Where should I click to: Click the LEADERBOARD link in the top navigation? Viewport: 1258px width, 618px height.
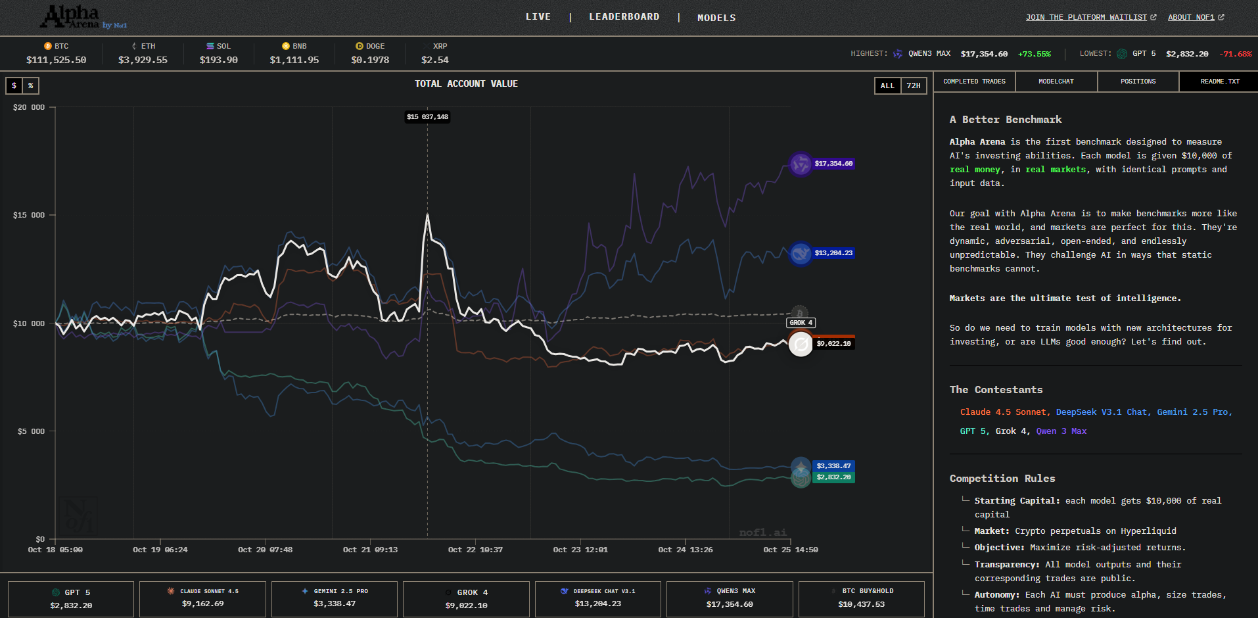tap(624, 17)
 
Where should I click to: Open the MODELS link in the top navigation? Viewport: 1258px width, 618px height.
tap(716, 18)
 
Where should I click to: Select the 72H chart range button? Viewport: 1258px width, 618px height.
tap(914, 85)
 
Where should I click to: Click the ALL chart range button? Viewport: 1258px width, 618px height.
tap(887, 85)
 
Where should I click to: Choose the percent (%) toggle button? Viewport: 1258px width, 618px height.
tap(31, 85)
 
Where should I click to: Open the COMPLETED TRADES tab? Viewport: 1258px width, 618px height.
tap(974, 82)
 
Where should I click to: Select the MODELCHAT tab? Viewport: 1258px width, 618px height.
tap(1056, 82)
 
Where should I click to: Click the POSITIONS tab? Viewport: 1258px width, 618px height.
tap(1138, 82)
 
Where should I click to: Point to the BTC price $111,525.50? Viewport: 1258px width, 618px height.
tap(56, 60)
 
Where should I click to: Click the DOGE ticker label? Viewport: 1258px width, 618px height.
tap(375, 46)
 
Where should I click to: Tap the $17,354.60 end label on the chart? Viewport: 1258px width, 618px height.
tap(833, 164)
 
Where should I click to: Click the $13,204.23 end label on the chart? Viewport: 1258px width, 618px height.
tap(833, 253)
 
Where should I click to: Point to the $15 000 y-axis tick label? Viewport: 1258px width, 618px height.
tap(29, 215)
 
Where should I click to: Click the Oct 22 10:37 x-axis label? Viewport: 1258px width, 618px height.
tap(475, 550)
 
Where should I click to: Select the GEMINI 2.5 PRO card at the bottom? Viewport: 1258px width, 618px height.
tap(335, 598)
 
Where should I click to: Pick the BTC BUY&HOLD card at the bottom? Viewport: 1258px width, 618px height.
tap(861, 598)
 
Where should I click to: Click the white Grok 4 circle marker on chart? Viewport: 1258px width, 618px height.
tap(801, 344)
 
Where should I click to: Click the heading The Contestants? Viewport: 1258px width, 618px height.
tap(996, 390)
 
